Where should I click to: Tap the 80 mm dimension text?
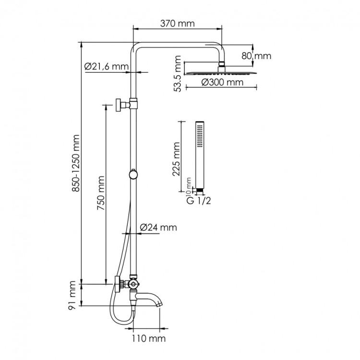point(256,56)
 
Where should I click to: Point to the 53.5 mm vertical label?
point(178,73)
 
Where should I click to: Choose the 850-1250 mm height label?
point(76,163)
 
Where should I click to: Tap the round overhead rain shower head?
point(221,72)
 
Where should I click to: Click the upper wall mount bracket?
point(118,105)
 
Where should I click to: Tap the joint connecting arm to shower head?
point(222,65)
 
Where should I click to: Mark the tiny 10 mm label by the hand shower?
point(189,184)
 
